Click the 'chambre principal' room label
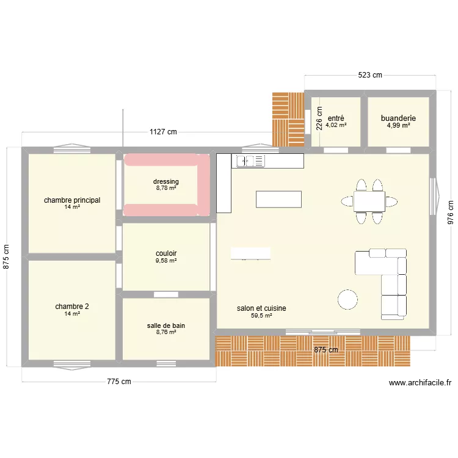pos(72,200)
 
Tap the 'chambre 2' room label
pos(72,307)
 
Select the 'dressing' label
pos(166,181)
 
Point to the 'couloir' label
pos(166,253)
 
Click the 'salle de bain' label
pos(166,325)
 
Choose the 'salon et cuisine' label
pos(261,308)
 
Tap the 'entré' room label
pos(336,118)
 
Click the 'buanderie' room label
pos(398,118)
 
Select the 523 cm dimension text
pos(370,75)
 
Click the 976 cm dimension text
pos(450,213)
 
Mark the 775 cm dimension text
pos(119,382)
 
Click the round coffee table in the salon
pos(348,299)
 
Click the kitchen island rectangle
pos(278,200)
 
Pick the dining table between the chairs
pos(369,200)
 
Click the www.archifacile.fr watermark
pos(420,383)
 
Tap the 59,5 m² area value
pos(261,316)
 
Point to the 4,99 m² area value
pos(398,125)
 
